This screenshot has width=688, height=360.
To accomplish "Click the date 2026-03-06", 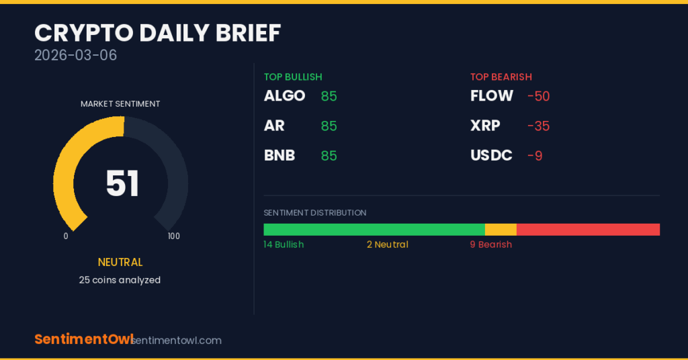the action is pos(75,55).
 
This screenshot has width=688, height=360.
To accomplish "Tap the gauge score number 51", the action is pos(122,183).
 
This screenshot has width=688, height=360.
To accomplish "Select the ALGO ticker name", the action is pos(284,95).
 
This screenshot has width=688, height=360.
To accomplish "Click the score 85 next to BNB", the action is pos(329,156).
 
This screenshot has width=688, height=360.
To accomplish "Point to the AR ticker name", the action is pos(274,126).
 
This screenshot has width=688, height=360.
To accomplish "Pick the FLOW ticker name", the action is pos(491,95).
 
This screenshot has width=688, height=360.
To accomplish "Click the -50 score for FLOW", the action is pos(538,96).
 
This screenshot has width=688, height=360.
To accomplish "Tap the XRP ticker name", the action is pos(485,126).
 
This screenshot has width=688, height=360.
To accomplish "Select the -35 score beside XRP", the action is pos(538,126).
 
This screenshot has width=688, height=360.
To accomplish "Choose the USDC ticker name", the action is pos(491,155).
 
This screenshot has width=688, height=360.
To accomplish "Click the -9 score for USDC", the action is pos(535,156).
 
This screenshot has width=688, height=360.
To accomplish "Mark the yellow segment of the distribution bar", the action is pos(501,229).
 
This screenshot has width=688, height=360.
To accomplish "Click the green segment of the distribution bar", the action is pos(374,229).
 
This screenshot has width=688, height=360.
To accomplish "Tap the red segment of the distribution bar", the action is pos(589,229).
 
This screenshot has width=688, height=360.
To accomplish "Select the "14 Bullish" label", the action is pos(284,244).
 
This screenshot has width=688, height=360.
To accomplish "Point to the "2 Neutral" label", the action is pos(388,244).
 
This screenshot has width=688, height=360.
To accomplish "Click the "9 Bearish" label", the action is pos(491,244).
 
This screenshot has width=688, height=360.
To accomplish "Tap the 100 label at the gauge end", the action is pos(174,236).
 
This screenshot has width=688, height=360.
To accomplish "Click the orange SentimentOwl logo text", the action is pos(84,339).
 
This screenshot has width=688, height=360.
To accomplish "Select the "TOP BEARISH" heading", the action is pos(501,77).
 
